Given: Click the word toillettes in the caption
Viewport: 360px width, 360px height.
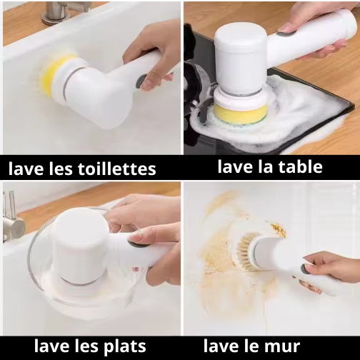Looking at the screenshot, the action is click(x=117, y=169).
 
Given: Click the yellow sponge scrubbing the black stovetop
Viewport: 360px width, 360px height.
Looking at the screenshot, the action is click(x=241, y=114).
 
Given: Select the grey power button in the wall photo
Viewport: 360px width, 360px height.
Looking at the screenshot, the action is click(x=304, y=269).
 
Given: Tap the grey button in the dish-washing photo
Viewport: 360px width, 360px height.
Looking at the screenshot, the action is click(x=138, y=244).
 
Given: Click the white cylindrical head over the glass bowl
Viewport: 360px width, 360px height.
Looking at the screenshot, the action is click(x=80, y=245).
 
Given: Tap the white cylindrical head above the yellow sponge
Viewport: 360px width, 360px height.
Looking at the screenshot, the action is click(x=241, y=59).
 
